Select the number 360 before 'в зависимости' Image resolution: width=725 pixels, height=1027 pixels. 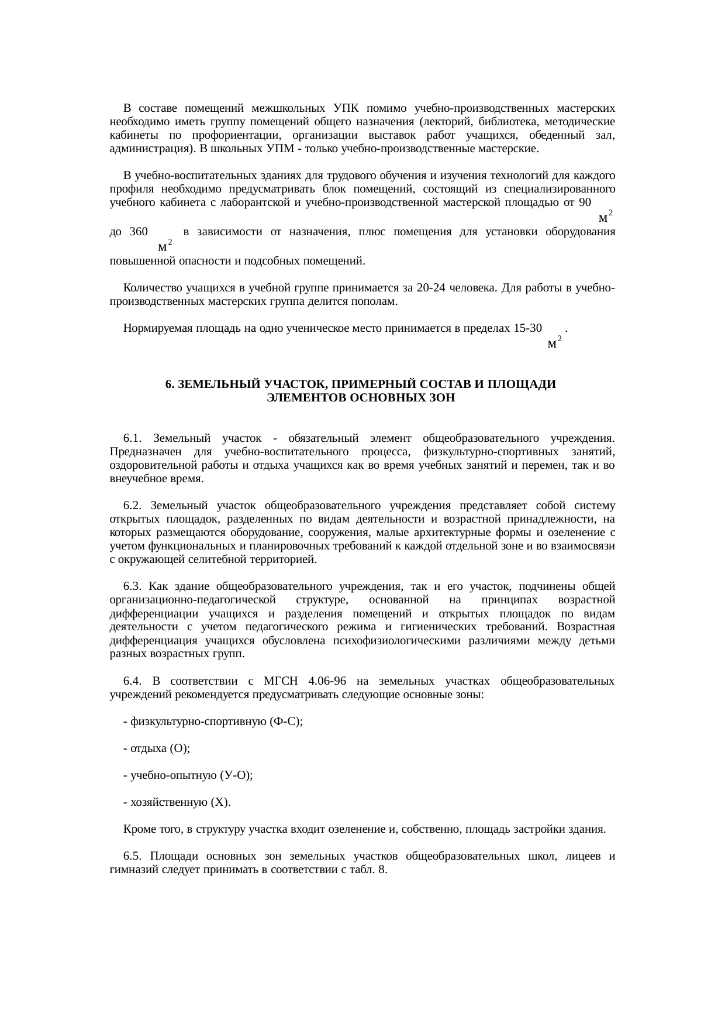[139, 232]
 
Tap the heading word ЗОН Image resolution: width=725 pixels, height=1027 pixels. [443, 398]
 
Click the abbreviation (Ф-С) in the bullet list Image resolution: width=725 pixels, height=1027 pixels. [286, 722]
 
